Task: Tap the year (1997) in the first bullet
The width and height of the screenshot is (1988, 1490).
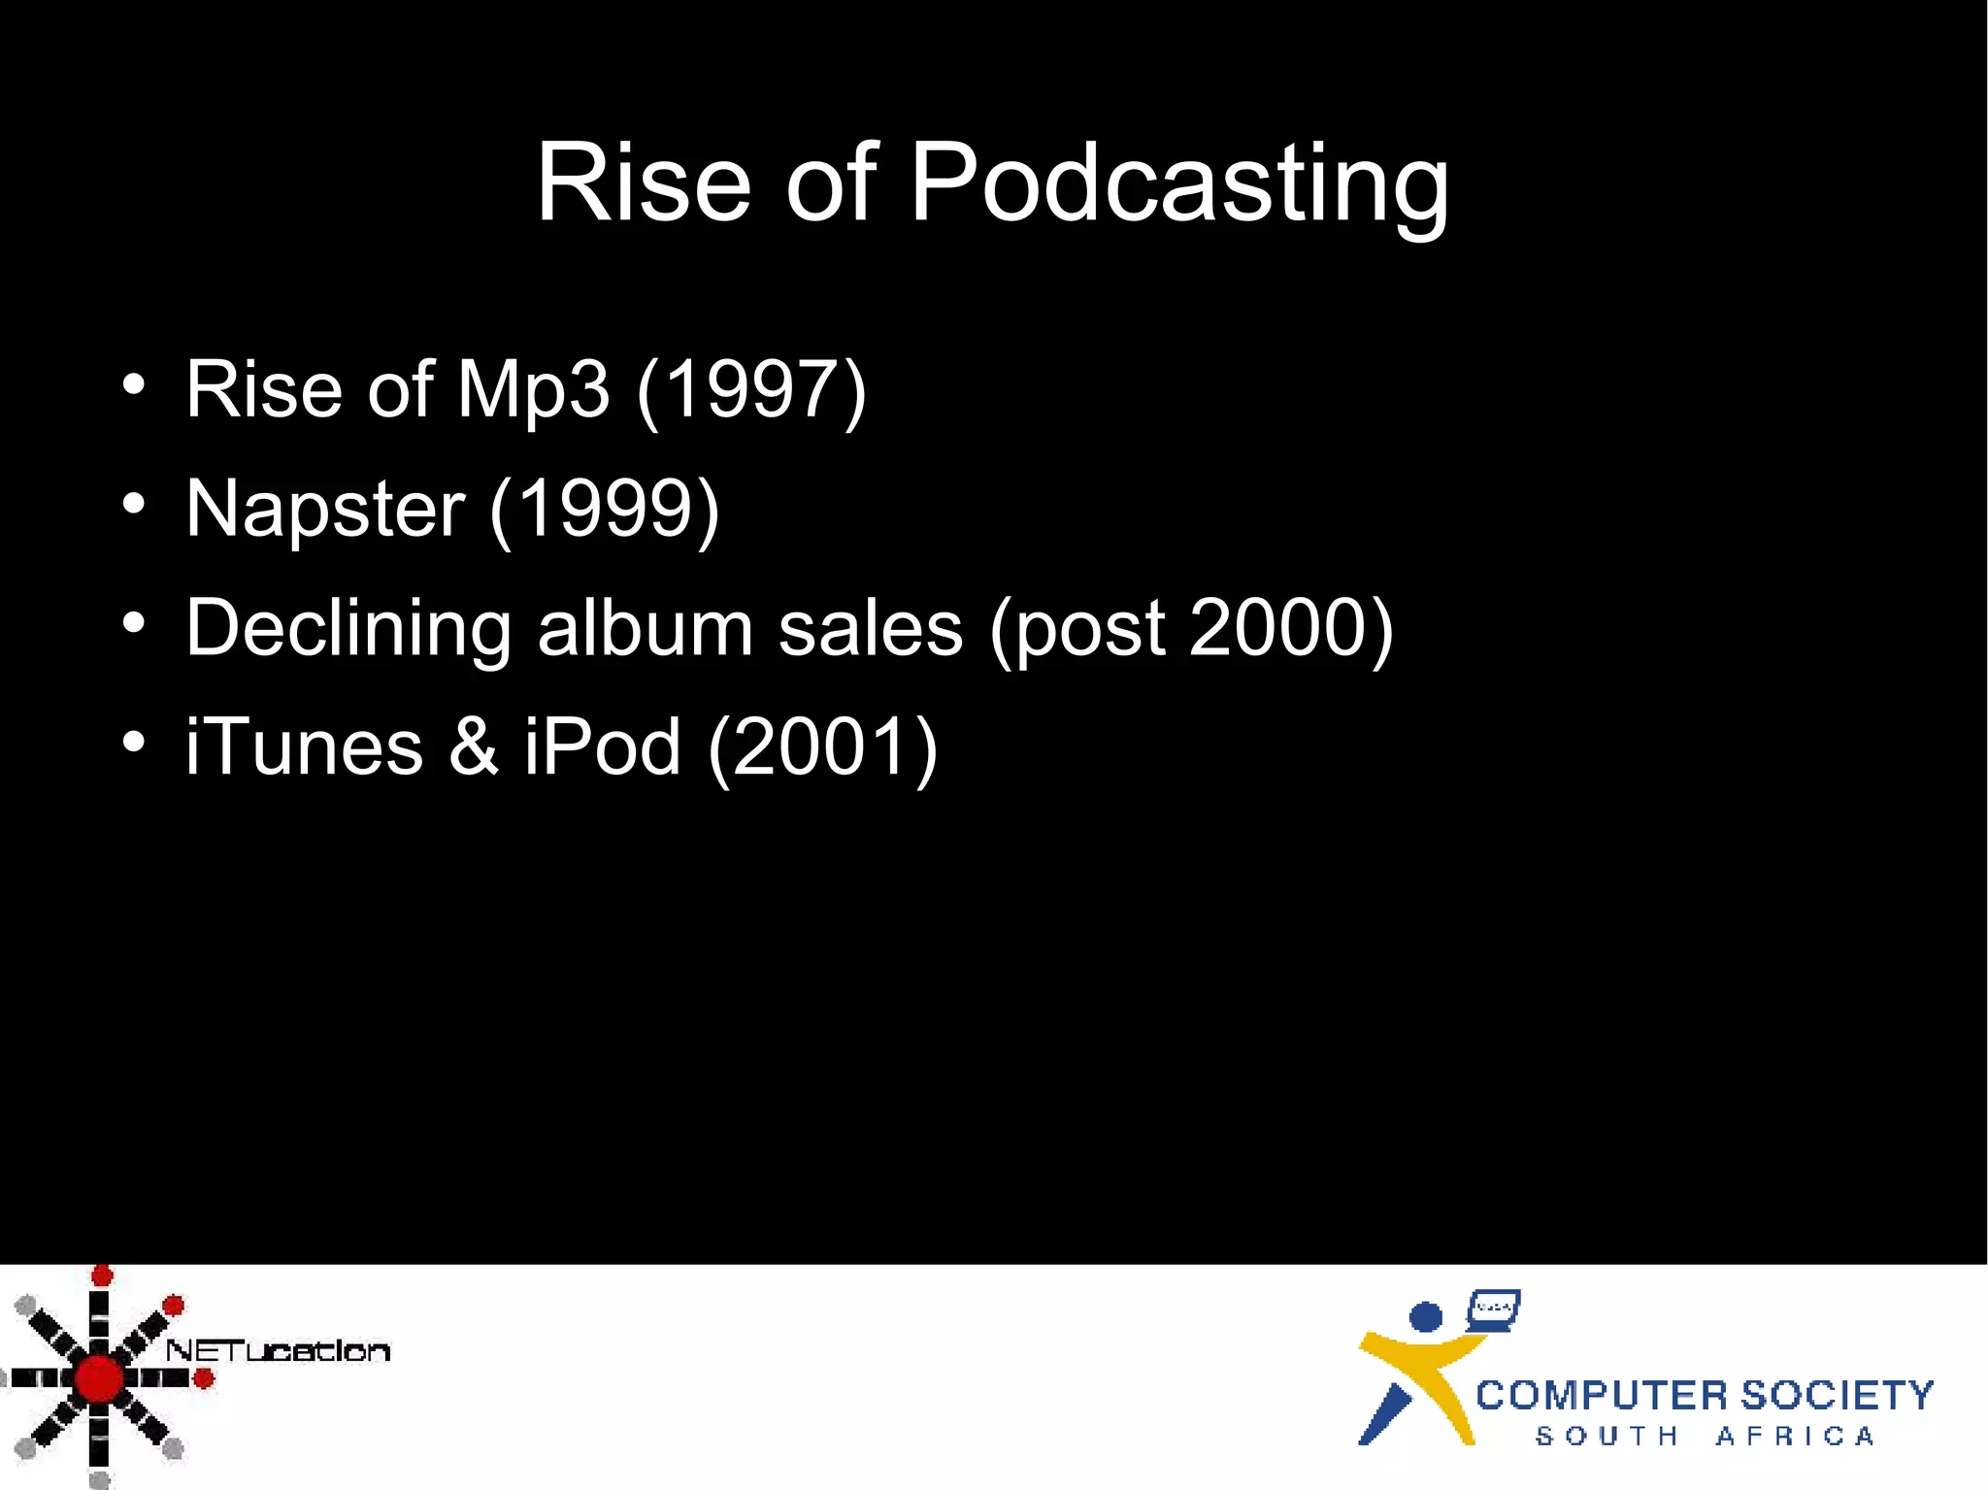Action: click(751, 390)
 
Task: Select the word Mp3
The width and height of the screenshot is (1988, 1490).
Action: click(533, 390)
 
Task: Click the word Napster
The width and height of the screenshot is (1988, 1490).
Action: click(325, 510)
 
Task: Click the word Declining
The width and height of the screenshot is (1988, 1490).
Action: click(348, 629)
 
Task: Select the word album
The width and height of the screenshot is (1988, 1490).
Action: click(645, 629)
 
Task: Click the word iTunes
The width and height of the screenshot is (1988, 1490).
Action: click(304, 747)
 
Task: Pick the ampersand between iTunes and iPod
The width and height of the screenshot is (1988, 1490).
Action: click(474, 747)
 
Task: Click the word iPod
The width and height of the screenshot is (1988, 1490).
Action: click(602, 747)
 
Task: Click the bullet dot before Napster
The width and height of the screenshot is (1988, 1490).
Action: click(134, 504)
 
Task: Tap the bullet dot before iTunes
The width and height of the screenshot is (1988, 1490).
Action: click(134, 742)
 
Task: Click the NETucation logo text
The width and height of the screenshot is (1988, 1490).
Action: click(278, 1350)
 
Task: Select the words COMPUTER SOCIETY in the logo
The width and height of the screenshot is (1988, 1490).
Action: click(1704, 1396)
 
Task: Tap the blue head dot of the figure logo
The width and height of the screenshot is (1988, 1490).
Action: click(1425, 1317)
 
